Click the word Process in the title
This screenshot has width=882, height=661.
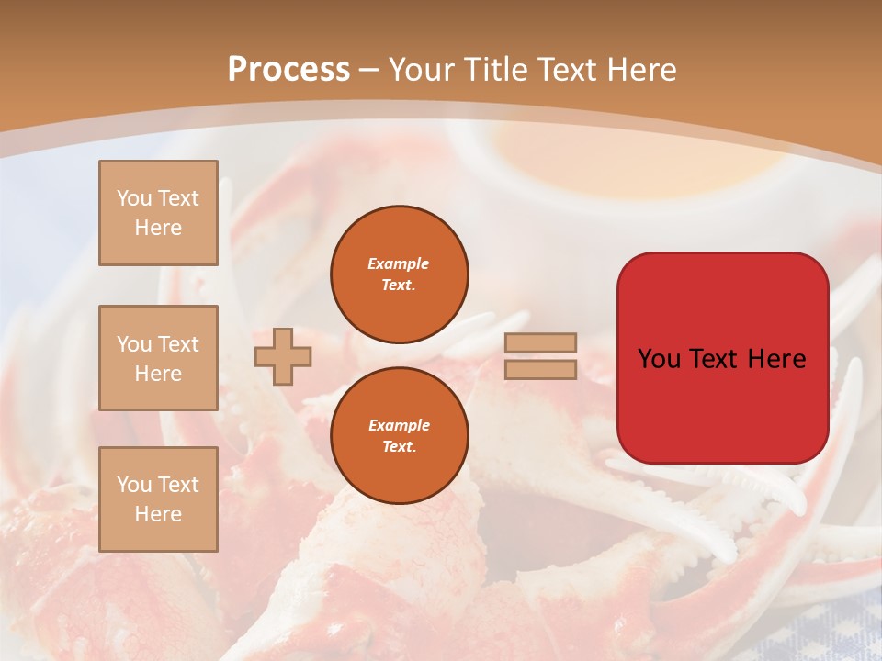click(x=288, y=70)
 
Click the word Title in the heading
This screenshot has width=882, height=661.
click(x=495, y=70)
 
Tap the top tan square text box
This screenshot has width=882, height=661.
click(x=158, y=213)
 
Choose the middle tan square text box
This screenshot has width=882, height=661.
click(x=158, y=358)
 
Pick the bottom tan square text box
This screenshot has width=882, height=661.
click(x=158, y=499)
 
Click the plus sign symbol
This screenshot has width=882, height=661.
click(x=283, y=356)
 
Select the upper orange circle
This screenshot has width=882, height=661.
click(x=400, y=274)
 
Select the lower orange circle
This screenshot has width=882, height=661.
click(x=400, y=436)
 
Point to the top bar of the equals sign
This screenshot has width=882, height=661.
click(x=540, y=343)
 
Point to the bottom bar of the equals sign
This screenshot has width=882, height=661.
click(x=540, y=370)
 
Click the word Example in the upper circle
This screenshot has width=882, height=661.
click(x=398, y=263)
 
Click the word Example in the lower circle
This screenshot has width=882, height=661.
click(x=399, y=425)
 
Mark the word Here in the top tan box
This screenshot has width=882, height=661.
click(x=158, y=228)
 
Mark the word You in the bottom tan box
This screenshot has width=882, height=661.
click(x=134, y=485)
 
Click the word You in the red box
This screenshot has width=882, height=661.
click(x=660, y=359)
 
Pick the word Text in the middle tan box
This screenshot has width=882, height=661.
click(x=178, y=344)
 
